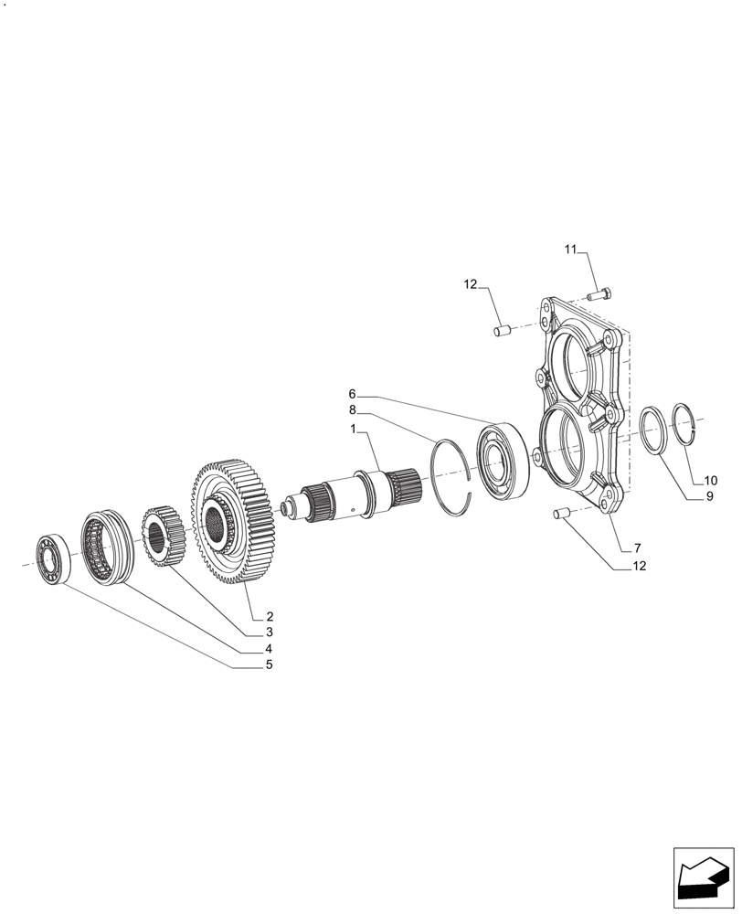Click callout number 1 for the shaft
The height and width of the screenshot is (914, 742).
point(353,429)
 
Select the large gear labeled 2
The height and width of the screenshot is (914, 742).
point(232,522)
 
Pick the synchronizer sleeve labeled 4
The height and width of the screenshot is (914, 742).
point(109,547)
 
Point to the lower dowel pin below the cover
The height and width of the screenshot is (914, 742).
point(561,515)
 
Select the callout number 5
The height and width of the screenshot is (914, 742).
point(269,664)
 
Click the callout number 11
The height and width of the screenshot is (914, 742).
point(571,250)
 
